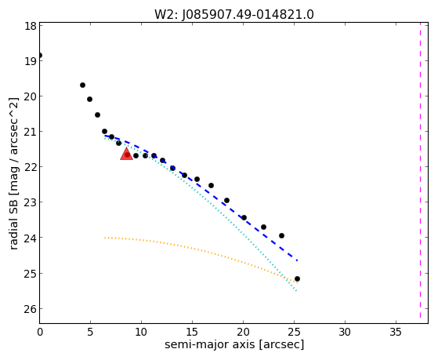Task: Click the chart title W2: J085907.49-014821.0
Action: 234,15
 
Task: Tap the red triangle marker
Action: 126,155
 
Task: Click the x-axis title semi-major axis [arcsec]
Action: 234,344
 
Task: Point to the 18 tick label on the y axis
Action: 31,26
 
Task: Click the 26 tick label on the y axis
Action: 31,309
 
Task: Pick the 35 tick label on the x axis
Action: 396,333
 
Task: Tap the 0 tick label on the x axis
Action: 40,333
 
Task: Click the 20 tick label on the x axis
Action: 243,333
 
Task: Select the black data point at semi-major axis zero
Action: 40,55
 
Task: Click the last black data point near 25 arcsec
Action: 297,279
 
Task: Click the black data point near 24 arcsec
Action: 281,236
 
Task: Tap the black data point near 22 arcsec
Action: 263,227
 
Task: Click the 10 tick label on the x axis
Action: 141,333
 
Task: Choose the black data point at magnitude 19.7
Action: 82,85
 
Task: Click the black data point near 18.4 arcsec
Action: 226,201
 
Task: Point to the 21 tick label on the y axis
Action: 31,132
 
